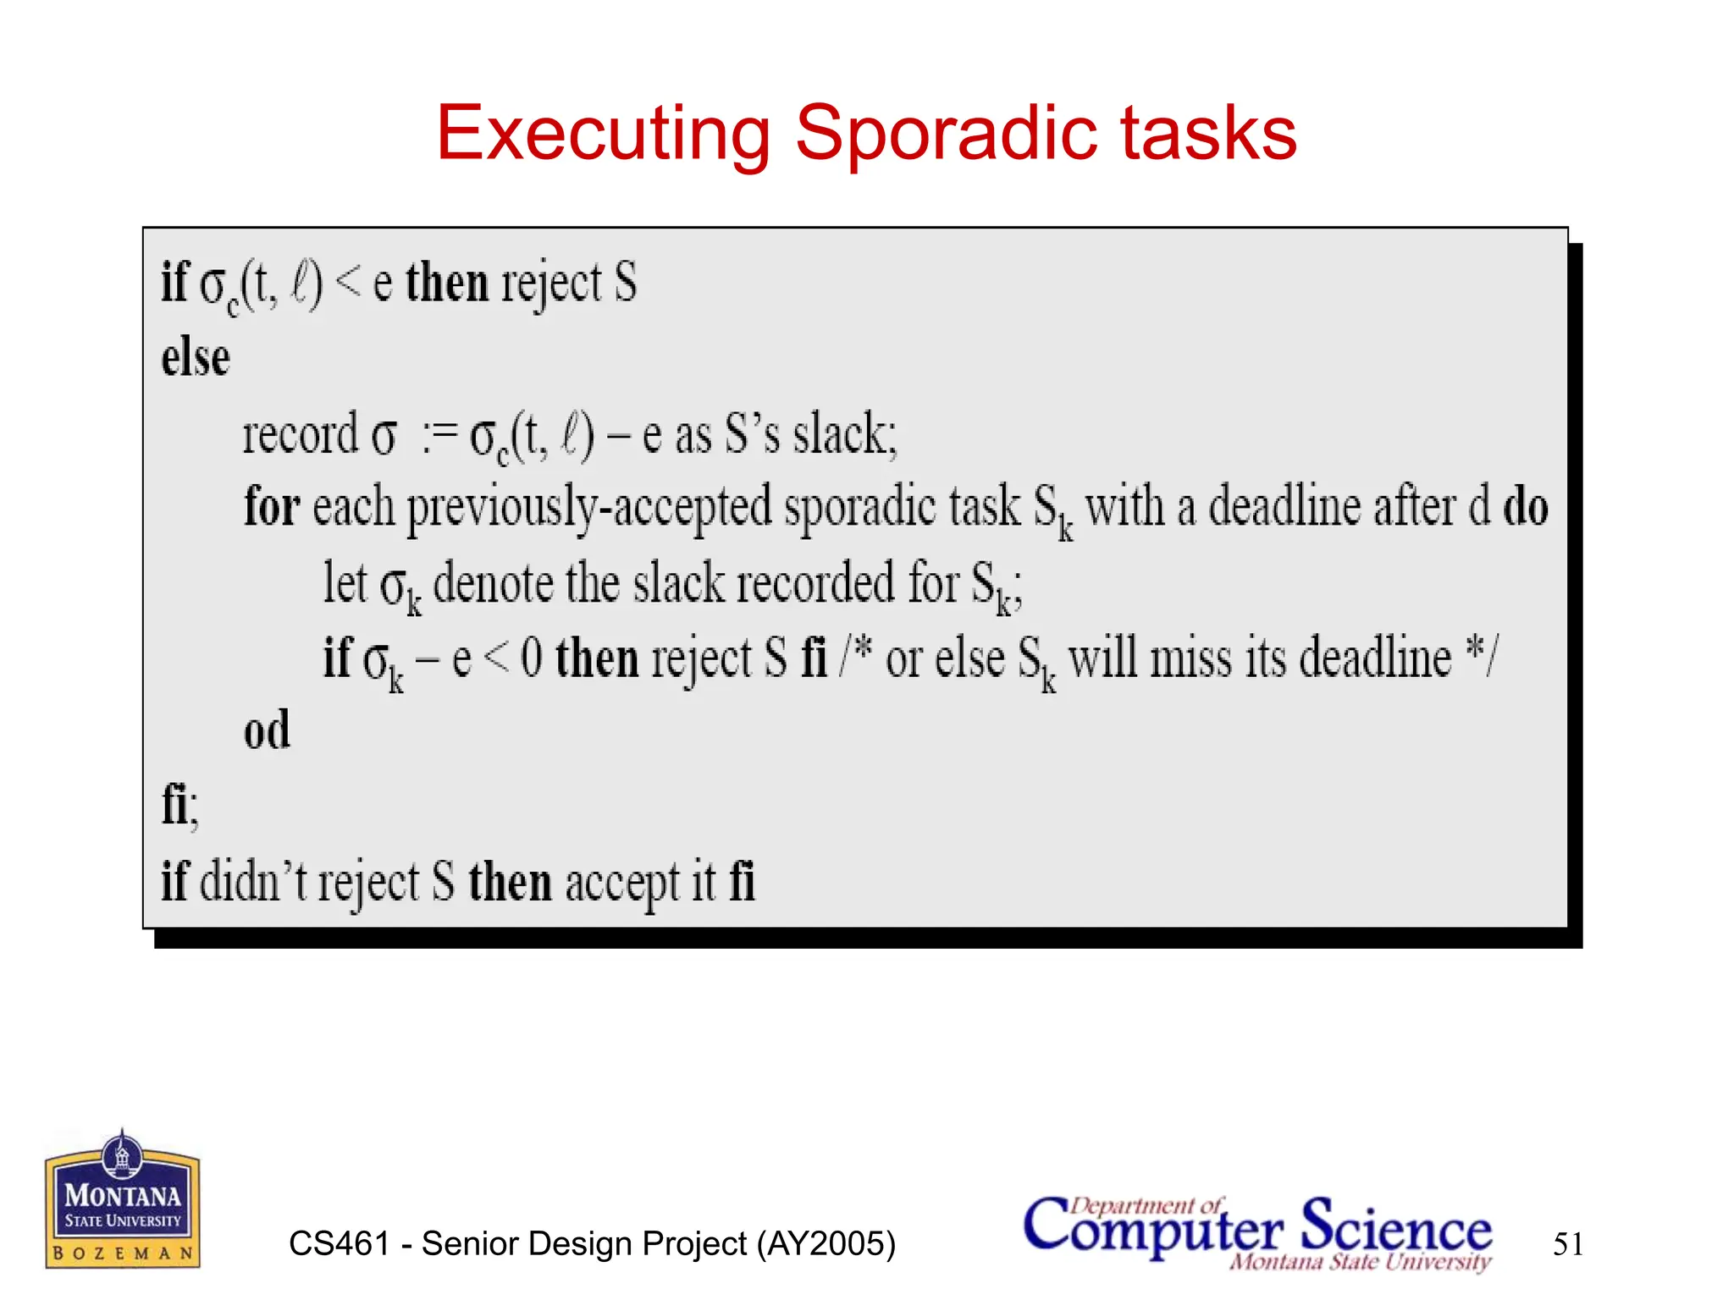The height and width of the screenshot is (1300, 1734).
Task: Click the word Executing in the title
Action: click(602, 134)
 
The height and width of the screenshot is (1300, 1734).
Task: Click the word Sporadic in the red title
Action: click(946, 134)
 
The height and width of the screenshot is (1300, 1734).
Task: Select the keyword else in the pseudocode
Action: click(196, 358)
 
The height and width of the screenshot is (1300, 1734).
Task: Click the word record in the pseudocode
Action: click(301, 434)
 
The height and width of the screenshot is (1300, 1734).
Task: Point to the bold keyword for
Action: click(272, 506)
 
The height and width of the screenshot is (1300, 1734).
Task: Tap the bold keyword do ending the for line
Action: click(1525, 506)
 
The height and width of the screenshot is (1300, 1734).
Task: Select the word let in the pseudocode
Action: click(345, 582)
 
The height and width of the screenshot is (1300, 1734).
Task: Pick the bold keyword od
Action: click(267, 730)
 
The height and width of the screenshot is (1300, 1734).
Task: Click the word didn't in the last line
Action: click(254, 881)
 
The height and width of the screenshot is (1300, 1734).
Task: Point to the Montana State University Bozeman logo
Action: click(123, 1199)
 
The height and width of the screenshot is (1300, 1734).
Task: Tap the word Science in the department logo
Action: click(1396, 1228)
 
